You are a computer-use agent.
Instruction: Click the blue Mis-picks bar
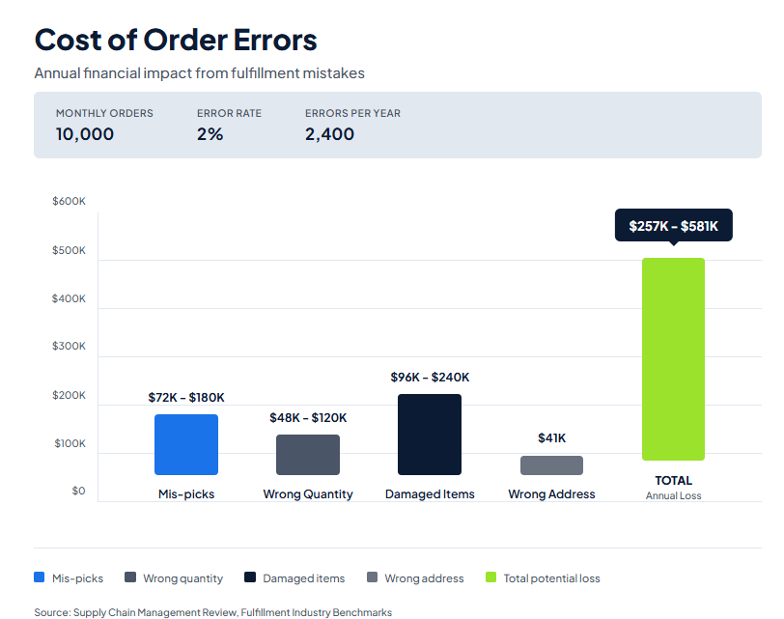[186, 444]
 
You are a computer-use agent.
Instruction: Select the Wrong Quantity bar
[308, 455]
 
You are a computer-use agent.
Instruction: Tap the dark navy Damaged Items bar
[430, 435]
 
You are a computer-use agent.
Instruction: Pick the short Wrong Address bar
[551, 465]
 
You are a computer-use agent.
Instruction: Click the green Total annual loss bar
[673, 359]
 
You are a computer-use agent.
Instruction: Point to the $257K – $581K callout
[673, 226]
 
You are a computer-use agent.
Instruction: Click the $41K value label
[551, 438]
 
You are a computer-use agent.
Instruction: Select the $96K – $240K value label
[430, 378]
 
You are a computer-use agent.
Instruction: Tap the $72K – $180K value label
[186, 398]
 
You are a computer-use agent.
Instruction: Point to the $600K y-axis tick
[69, 202]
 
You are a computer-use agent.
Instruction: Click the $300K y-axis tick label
[69, 347]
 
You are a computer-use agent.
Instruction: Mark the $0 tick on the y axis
[78, 492]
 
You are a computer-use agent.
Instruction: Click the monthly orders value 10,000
[85, 134]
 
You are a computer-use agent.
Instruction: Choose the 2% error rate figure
[210, 134]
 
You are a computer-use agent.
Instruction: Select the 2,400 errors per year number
[329, 134]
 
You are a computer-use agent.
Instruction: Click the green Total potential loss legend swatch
[490, 577]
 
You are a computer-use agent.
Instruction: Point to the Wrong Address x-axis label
[551, 494]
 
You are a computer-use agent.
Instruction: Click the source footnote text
[212, 612]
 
